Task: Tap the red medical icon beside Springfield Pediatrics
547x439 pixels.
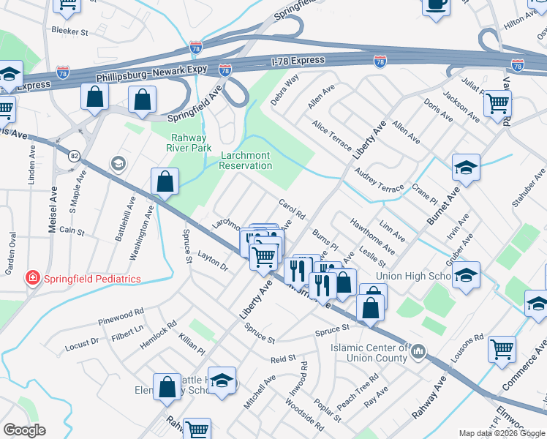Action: tap(32, 278)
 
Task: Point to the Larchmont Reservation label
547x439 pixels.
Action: tap(246, 160)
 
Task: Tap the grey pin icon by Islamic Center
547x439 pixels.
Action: tap(418, 352)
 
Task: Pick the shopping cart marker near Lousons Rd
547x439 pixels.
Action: tap(502, 350)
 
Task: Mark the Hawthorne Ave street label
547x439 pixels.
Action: tap(372, 235)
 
